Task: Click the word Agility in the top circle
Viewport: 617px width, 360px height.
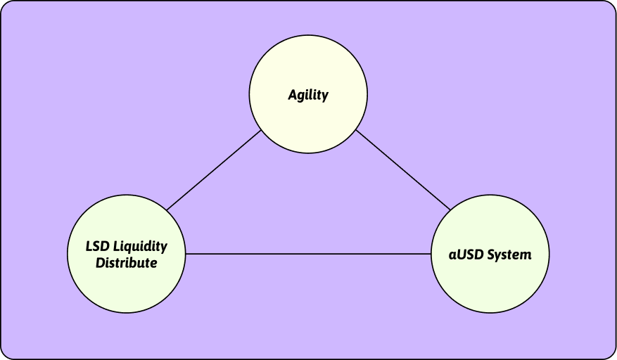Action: tap(308, 95)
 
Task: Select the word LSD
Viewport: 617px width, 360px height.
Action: tap(97, 246)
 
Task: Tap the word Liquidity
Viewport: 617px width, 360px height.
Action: tap(140, 247)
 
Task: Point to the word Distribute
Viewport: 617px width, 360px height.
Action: tap(127, 262)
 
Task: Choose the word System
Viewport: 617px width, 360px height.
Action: tap(509, 255)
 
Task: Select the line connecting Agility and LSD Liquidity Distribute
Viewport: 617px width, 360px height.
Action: tap(214, 170)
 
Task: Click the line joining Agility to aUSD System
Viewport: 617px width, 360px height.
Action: tap(403, 170)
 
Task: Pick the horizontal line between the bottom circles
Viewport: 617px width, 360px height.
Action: tap(308, 254)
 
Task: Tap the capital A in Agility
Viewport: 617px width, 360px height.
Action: tap(293, 94)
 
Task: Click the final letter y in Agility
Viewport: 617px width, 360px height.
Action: tap(324, 97)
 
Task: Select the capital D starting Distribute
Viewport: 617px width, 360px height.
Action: tap(101, 262)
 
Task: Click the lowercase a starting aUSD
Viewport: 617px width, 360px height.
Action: tap(452, 256)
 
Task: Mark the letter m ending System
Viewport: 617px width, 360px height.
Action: tap(525, 256)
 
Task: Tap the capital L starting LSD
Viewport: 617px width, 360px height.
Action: tap(89, 246)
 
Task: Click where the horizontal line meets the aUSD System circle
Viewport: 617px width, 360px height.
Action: tap(431, 254)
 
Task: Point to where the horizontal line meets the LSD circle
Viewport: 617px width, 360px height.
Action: tap(185, 254)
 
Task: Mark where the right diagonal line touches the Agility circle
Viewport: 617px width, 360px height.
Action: tap(356, 130)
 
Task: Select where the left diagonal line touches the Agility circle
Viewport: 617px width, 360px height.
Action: tap(261, 130)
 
